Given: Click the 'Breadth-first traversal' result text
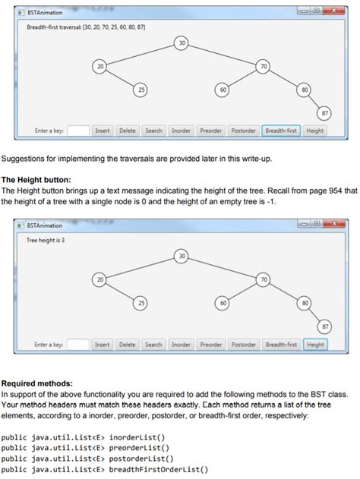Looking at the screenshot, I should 86,27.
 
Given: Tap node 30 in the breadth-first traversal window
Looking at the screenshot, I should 181,43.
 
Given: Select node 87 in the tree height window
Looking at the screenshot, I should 326,326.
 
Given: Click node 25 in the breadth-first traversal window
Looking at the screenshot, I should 141,90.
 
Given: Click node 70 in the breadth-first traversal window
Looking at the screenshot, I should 264,67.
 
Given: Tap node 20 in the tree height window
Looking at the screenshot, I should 99,280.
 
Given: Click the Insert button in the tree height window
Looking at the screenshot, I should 102,345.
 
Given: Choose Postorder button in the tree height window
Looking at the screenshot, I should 244,345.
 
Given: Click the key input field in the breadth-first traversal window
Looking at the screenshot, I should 78,131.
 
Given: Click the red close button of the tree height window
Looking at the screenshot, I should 332,225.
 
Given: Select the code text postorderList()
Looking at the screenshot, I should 141,459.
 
